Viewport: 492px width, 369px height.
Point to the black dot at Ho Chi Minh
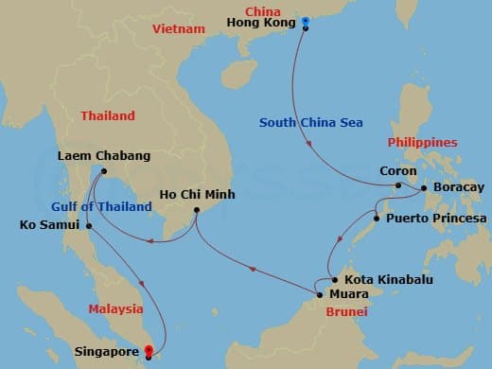196,210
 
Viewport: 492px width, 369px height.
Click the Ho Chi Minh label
196,195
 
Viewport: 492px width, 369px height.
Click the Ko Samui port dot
88,226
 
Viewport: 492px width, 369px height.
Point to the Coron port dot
398,186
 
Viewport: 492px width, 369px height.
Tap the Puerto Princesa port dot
378,219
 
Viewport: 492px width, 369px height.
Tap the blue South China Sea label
311,123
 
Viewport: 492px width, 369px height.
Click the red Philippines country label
423,142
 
